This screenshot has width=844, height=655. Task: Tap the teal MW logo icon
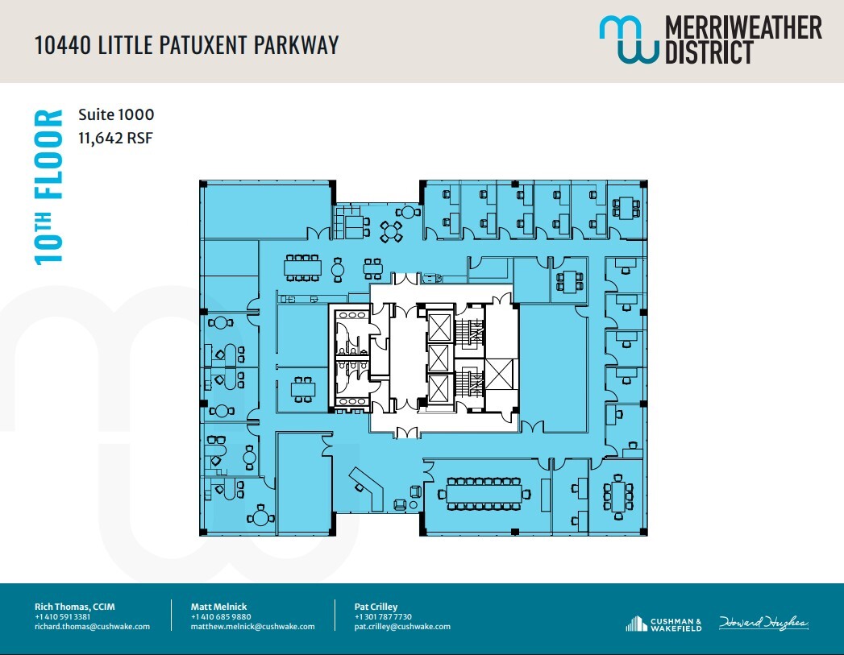point(629,39)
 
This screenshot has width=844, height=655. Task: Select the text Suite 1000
point(116,115)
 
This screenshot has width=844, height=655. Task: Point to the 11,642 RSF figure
point(115,138)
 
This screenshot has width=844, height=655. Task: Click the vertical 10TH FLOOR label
point(48,187)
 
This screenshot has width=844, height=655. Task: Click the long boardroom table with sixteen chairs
point(484,493)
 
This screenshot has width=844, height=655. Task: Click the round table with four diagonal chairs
point(392,231)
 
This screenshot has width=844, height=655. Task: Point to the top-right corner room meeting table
point(624,209)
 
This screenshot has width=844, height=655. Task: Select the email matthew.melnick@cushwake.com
point(252,627)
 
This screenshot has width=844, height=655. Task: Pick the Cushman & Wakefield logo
point(663,624)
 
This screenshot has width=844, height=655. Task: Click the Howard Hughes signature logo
point(763,623)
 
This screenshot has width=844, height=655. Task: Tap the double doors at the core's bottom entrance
point(406,433)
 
